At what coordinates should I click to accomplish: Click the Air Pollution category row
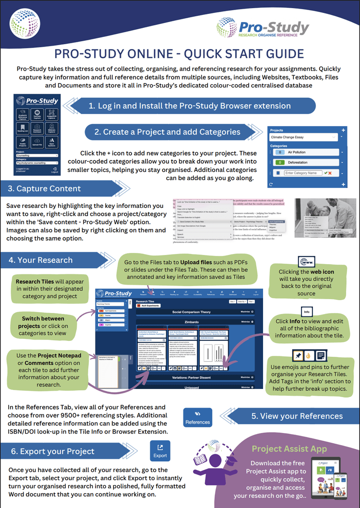click(307, 152)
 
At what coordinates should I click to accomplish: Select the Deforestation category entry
click(307, 162)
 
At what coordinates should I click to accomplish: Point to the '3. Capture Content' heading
click(45, 189)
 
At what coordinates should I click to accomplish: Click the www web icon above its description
click(307, 262)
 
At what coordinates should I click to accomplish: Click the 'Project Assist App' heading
click(289, 449)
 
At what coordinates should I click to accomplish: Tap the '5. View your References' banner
click(297, 416)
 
